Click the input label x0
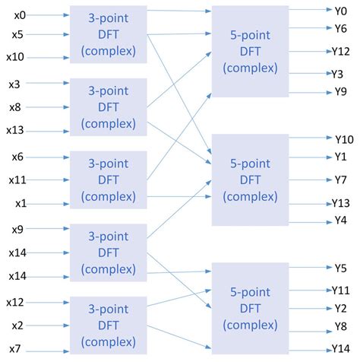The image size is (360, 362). point(20,14)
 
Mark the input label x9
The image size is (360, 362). point(17,229)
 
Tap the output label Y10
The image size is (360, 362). point(343,139)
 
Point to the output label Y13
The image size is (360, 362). point(341,202)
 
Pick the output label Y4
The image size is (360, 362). point(341,221)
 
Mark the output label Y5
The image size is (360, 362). point(340,268)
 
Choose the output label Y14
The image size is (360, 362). point(341,348)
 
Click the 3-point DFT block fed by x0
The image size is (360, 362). point(108,35)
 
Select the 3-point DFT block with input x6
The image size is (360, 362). point(108,181)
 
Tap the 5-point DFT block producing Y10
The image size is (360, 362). point(250,179)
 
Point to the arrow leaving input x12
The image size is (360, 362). point(49,303)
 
